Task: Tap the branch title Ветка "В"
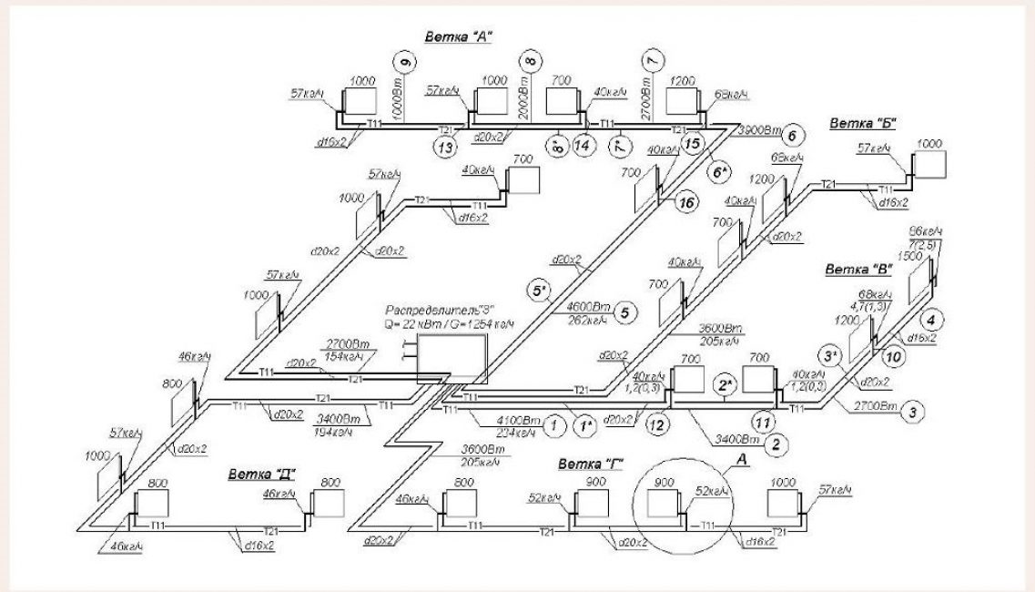[x=857, y=270]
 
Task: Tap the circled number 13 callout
[x=443, y=146]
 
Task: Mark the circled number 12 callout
[x=658, y=422]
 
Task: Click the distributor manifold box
[x=452, y=358]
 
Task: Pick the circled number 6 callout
[x=792, y=136]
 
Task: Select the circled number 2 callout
[x=776, y=444]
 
